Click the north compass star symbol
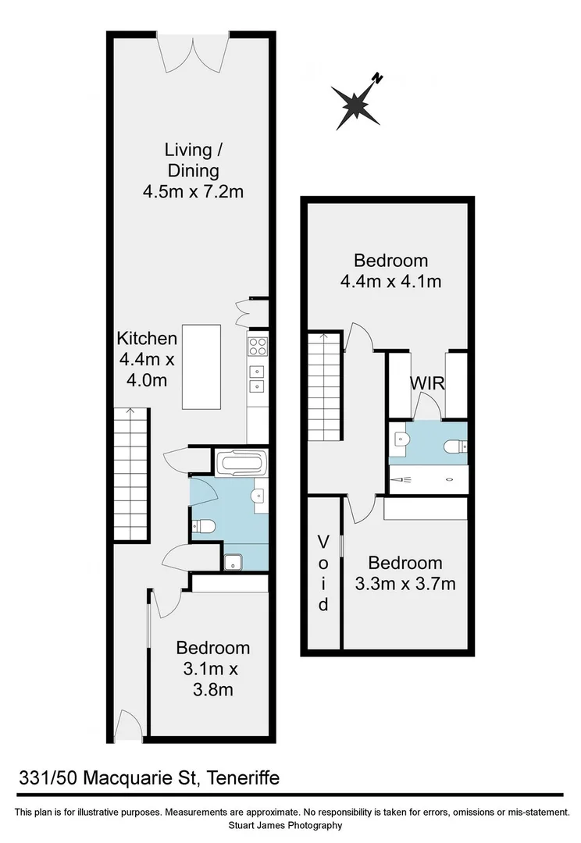(x=355, y=103)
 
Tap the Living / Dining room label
(x=192, y=159)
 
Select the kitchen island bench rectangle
(x=201, y=366)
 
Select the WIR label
(x=427, y=383)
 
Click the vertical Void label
(x=323, y=572)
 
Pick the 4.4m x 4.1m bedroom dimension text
(x=390, y=281)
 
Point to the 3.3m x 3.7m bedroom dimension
(x=405, y=583)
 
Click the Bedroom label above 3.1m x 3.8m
(x=212, y=647)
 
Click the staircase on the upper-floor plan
(x=325, y=386)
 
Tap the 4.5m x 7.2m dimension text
(x=194, y=190)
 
